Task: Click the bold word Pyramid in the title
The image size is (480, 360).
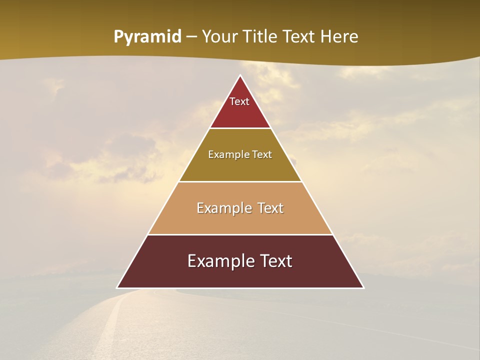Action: [147, 37]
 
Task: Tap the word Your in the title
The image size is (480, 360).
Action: [219, 36]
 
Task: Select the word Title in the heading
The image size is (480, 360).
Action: [260, 36]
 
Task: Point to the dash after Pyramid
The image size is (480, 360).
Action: [191, 37]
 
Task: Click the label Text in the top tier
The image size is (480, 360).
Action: [239, 101]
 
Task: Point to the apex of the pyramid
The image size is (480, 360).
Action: [240, 76]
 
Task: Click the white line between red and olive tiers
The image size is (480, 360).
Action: [240, 128]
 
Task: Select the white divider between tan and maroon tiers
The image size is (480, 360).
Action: [240, 234]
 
